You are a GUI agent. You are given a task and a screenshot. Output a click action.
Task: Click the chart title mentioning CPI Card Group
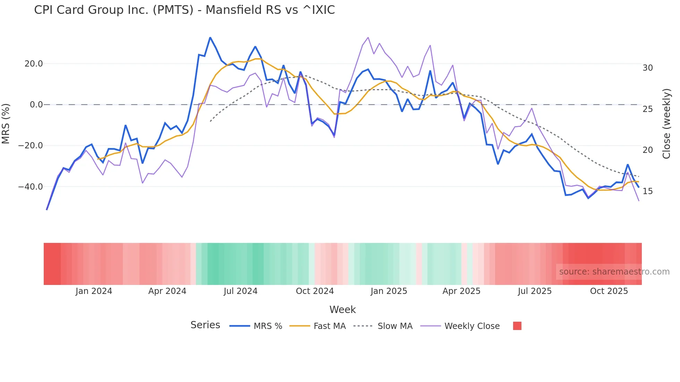pos(184,10)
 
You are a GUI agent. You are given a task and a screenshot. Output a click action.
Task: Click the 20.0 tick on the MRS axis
pos(34,64)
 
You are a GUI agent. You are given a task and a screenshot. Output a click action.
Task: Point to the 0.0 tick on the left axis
pos(36,105)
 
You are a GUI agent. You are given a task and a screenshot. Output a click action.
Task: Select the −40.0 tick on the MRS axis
pos(31,187)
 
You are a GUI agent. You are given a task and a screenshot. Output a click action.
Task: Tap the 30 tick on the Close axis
pos(647,68)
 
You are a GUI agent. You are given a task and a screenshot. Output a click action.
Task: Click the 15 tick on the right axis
pos(647,191)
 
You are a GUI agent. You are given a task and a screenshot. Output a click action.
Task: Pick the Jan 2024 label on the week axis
pos(94,291)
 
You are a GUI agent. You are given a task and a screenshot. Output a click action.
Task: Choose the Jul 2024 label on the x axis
pos(240,291)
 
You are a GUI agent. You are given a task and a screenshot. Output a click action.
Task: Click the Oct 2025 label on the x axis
pos(609,291)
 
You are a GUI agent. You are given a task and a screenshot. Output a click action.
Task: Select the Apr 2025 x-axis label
pos(461,291)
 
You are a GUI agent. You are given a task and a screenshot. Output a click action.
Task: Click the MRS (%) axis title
pos(6,124)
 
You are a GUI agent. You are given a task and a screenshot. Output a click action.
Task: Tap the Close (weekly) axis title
pos(666,124)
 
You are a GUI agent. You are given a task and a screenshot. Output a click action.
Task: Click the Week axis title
pos(342,310)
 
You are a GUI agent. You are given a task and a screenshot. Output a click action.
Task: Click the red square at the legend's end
pos(517,326)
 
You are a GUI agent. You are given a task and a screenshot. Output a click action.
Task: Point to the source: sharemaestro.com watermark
pos(614,272)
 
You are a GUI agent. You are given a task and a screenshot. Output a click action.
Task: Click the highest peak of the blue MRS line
pos(210,37)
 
